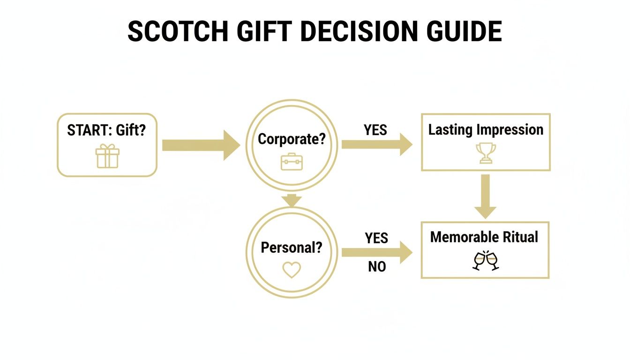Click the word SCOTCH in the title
[178, 32]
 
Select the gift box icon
[107, 156]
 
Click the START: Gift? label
[106, 130]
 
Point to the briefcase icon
[292, 161]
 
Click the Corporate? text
[292, 139]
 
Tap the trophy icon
[486, 153]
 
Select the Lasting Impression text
[486, 129]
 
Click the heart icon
[292, 270]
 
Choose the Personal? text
[292, 247]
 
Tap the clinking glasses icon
[485, 261]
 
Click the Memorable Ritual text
[484, 237]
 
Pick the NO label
[377, 267]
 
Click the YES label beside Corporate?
[375, 129]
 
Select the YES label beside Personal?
[376, 238]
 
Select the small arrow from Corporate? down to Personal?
[292, 199]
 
